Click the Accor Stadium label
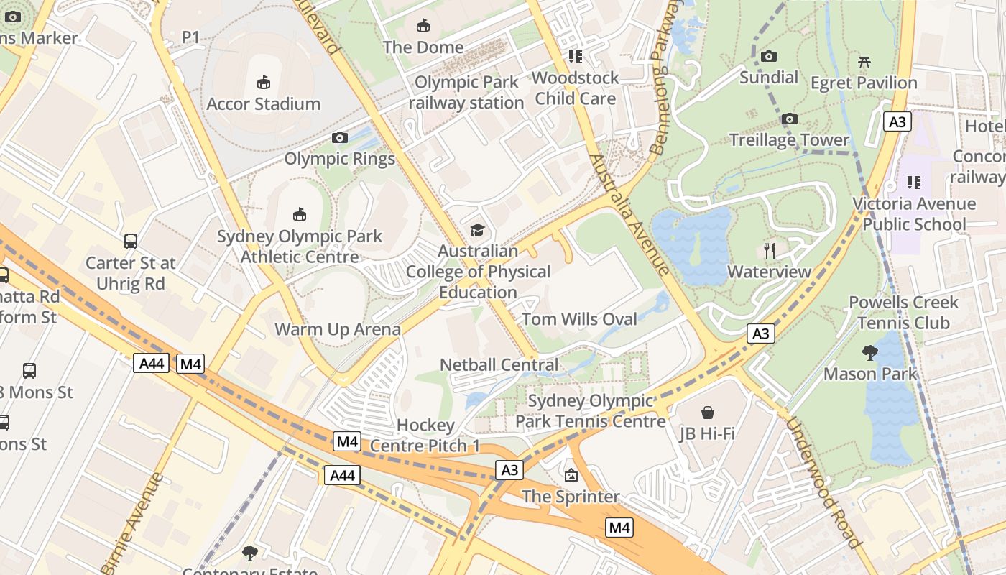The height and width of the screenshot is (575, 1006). coord(263,103)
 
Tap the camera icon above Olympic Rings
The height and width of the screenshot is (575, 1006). coord(340,137)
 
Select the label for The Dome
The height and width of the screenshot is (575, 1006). coord(423,47)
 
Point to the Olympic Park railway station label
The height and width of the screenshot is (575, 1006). coord(466,93)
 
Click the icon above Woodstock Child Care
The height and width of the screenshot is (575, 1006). coord(575,56)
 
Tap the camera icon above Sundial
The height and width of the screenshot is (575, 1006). coord(768,56)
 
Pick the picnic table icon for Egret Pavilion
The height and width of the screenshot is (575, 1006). coord(864,62)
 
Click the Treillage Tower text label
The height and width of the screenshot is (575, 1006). coord(789,139)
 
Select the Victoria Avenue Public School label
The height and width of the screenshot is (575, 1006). coord(914,214)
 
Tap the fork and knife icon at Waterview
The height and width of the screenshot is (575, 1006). coord(770,250)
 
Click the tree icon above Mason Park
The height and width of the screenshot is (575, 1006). coord(869,352)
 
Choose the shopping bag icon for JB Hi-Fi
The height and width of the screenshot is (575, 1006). coord(708,413)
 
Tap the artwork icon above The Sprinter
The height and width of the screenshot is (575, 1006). coord(571,475)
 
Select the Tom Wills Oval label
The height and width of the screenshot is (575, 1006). coord(579,319)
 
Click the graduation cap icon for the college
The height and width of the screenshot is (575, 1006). coord(477,230)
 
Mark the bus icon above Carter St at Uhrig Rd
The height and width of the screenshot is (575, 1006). coord(130,241)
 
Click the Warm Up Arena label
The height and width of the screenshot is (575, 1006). coord(338,329)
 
